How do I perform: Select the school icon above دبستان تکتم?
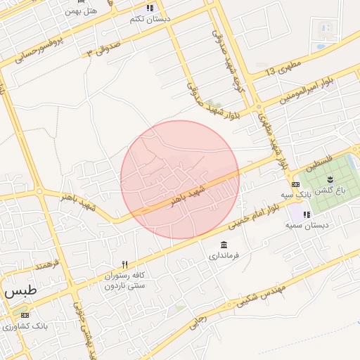coord(149,8)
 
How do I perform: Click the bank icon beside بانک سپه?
coord(294,184)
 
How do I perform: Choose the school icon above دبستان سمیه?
coord(307,214)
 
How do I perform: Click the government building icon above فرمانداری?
coord(224,245)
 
